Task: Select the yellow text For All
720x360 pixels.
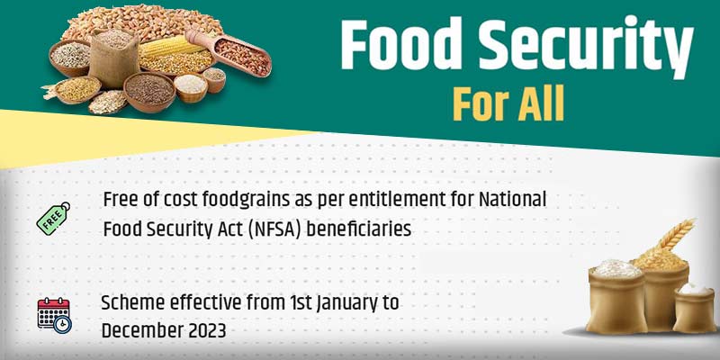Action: pos(508,103)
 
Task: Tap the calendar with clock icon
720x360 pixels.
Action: pos(53,315)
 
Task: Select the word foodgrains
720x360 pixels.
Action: pos(216,199)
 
